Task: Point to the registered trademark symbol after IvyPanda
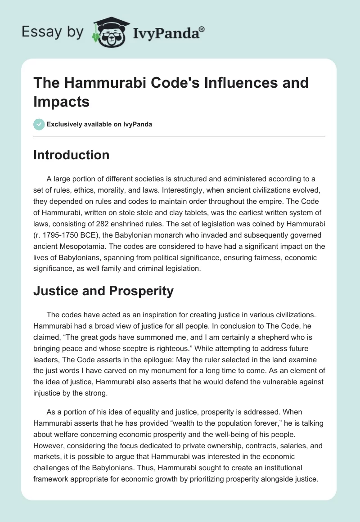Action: pos(202,29)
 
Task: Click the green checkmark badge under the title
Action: pos(39,125)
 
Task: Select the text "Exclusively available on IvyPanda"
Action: pos(99,125)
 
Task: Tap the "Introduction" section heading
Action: pos(71,155)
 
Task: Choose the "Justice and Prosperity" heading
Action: pos(103,291)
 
